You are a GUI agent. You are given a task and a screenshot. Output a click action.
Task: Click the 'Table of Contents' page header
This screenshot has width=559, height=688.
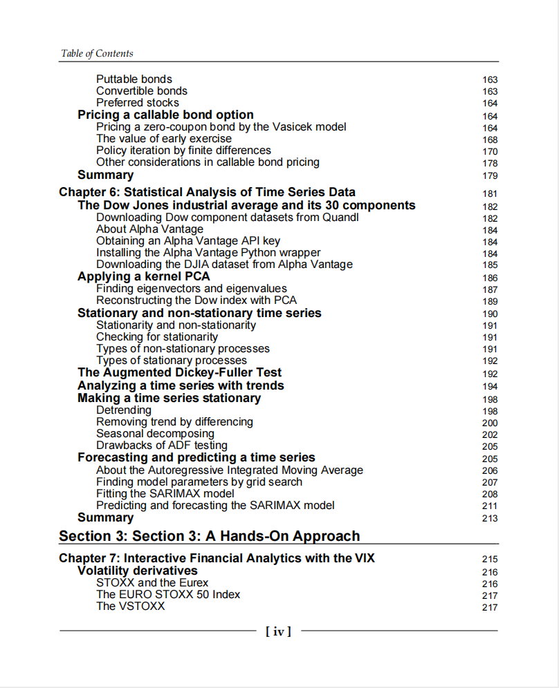pyautogui.click(x=97, y=53)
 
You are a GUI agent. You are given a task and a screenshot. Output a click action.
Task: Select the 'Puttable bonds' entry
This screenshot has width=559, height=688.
pyautogui.click(x=134, y=79)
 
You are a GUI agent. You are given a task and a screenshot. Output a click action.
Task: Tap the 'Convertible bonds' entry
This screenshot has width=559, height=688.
pyautogui.click(x=142, y=91)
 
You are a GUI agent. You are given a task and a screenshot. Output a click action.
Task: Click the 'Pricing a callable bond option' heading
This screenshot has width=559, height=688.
pyautogui.click(x=165, y=115)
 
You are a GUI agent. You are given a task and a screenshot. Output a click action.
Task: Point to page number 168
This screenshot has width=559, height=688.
pyautogui.click(x=490, y=140)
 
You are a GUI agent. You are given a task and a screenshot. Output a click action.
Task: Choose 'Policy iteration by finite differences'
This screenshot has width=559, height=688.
pyautogui.click(x=183, y=151)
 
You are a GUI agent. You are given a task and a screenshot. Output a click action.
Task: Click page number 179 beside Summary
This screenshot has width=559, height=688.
pyautogui.click(x=490, y=175)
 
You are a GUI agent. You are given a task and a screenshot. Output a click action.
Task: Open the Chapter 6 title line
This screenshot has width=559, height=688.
pyautogui.click(x=208, y=192)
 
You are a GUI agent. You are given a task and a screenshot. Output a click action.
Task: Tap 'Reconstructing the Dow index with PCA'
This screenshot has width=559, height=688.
pyautogui.click(x=196, y=300)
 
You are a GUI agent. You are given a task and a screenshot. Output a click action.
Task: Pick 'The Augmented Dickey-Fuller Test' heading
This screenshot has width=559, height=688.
pyautogui.click(x=179, y=373)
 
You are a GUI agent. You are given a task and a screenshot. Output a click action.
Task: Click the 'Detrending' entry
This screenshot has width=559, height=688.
pyautogui.click(x=124, y=410)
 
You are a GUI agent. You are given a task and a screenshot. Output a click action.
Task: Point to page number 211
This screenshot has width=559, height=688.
pyautogui.click(x=490, y=506)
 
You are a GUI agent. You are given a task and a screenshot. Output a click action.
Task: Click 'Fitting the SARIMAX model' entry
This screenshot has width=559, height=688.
pyautogui.click(x=165, y=494)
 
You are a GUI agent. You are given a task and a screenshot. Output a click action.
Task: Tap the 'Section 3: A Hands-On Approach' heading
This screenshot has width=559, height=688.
pyautogui.click(x=210, y=536)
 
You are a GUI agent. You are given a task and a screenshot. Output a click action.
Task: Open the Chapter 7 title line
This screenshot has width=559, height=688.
pyautogui.click(x=217, y=558)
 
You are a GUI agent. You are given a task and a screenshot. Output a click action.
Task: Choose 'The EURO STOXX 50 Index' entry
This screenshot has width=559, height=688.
pyautogui.click(x=168, y=595)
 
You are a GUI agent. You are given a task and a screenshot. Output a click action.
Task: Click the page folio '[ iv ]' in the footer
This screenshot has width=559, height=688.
pyautogui.click(x=279, y=631)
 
